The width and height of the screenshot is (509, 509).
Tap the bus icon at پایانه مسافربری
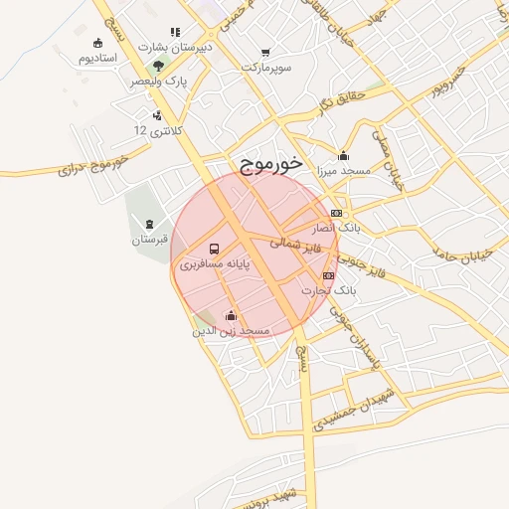click(x=214, y=249)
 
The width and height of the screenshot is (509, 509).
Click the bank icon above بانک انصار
click(x=336, y=213)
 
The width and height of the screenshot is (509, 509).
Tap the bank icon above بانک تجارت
click(x=328, y=275)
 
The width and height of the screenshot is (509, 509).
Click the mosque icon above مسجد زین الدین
click(x=231, y=315)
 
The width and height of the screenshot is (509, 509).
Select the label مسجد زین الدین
click(x=231, y=330)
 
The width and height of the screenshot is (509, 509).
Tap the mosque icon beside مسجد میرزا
click(x=344, y=154)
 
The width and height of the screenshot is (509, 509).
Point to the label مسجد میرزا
click(x=342, y=171)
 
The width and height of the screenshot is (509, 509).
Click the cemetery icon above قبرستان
click(x=150, y=224)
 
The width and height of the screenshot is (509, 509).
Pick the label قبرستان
click(x=150, y=240)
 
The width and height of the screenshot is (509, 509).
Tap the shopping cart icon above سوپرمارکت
click(x=265, y=52)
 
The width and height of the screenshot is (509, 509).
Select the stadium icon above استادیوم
click(x=97, y=43)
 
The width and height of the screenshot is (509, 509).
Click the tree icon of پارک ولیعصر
click(x=159, y=66)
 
